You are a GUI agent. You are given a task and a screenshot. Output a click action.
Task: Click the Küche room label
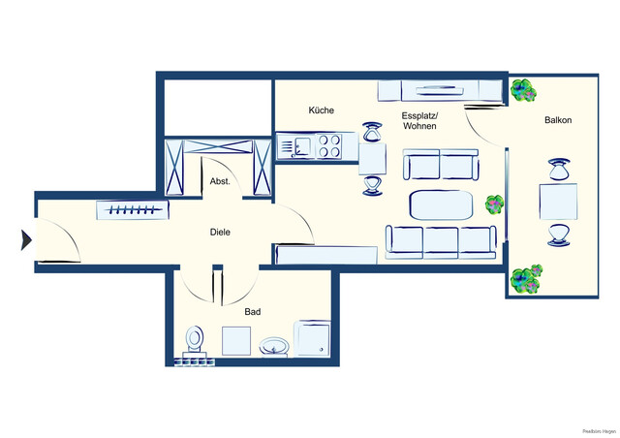pyautogui.click(x=321, y=110)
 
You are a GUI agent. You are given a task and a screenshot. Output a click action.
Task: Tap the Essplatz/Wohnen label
pyautogui.click(x=419, y=121)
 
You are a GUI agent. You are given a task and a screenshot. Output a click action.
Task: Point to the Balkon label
pyautogui.click(x=557, y=120)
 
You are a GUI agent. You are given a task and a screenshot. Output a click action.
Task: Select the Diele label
pyautogui.click(x=220, y=232)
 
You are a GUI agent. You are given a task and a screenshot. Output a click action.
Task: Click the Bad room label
pyautogui.click(x=253, y=312)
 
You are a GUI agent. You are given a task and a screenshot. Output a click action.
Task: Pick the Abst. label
pyautogui.click(x=219, y=181)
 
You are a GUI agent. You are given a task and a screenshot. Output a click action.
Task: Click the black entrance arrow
pyautogui.click(x=26, y=238)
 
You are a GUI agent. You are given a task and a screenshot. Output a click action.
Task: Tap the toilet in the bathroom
pyautogui.click(x=195, y=339)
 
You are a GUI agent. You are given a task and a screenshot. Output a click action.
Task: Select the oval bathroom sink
pyautogui.click(x=275, y=346)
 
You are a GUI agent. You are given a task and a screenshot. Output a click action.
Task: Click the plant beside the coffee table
pyautogui.click(x=495, y=204)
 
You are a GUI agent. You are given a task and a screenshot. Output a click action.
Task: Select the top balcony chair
pyautogui.click(x=558, y=171)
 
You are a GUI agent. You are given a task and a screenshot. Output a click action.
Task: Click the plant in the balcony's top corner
pyautogui.click(x=523, y=91)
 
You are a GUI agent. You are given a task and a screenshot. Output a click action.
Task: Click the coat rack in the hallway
pyautogui.click(x=132, y=210)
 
